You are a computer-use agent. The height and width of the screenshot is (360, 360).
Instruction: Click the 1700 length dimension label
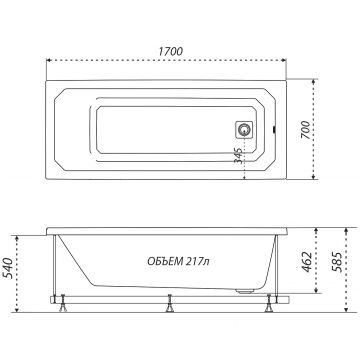(x=170, y=51)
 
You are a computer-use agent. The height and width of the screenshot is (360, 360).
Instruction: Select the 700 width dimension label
(x=306, y=130)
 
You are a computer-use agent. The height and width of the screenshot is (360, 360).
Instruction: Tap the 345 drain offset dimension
(x=238, y=155)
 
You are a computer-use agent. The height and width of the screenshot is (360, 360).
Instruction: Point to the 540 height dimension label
(x=7, y=268)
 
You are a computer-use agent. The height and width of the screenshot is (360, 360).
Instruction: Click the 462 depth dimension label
(x=307, y=262)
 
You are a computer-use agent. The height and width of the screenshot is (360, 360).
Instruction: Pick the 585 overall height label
(x=338, y=262)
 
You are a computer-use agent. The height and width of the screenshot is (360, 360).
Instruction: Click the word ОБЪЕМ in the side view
(x=165, y=261)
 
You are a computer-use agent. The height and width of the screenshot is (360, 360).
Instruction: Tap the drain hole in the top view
(x=244, y=130)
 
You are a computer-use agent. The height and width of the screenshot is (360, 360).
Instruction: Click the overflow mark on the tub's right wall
(x=274, y=130)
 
